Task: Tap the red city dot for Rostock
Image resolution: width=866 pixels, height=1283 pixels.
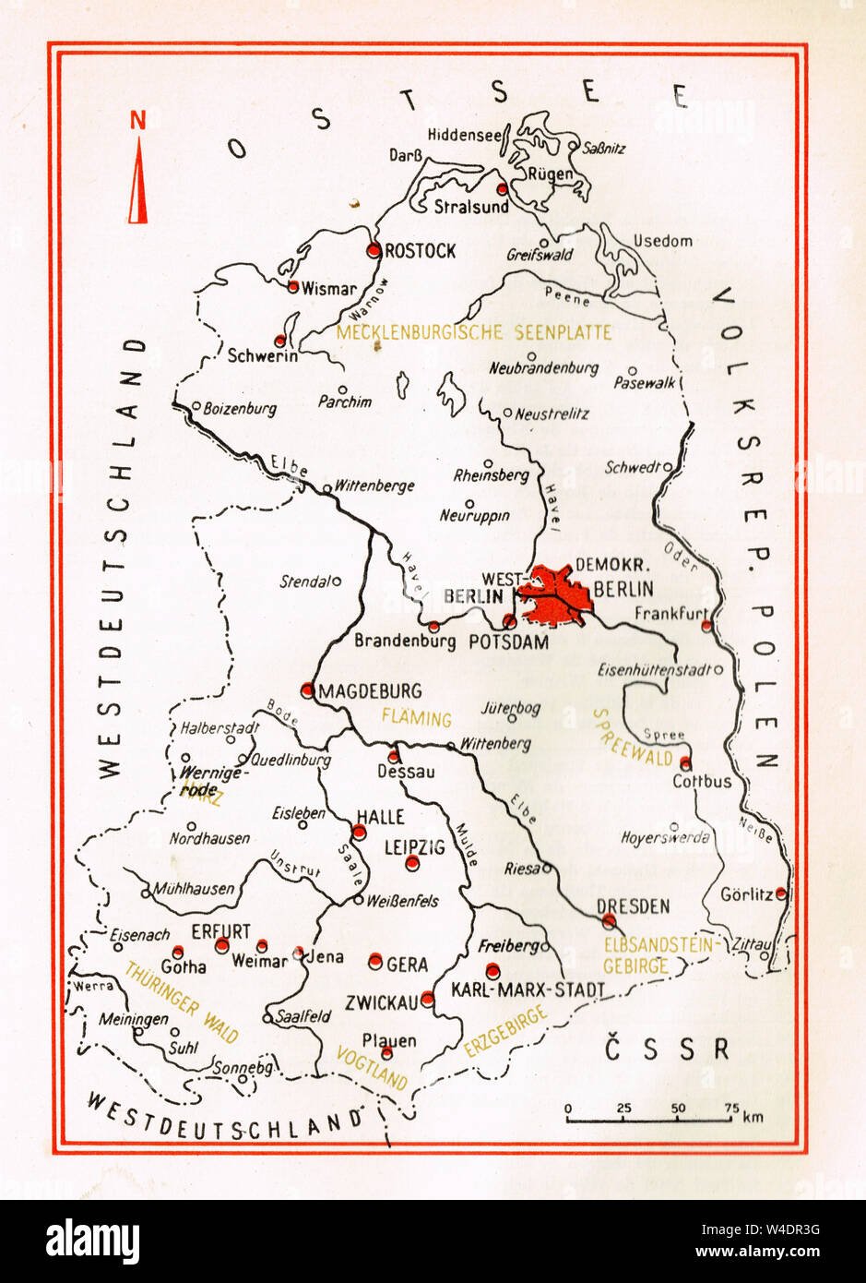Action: click(x=374, y=250)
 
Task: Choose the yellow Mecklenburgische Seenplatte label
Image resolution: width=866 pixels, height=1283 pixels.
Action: click(x=474, y=332)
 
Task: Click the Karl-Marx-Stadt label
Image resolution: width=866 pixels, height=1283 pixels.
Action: click(x=528, y=990)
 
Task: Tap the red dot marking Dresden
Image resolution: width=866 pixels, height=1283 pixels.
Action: click(x=609, y=920)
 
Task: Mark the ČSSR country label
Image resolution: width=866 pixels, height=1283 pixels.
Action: click(x=667, y=1049)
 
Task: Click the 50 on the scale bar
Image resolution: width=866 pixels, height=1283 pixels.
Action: click(x=678, y=1108)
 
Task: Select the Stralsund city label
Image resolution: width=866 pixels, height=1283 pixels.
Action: click(x=471, y=207)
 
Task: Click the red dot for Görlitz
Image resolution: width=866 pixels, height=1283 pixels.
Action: click(x=781, y=893)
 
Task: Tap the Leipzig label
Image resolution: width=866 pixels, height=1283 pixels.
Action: click(x=414, y=846)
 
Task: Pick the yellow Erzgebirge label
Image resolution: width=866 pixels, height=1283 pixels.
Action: click(x=505, y=1031)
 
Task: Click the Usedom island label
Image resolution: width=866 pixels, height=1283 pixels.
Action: click(x=662, y=241)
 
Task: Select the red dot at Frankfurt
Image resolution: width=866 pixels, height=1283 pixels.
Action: click(x=706, y=626)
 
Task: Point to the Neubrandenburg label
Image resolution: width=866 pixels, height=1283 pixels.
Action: click(x=544, y=367)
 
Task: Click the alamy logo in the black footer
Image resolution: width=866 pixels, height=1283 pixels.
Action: click(x=92, y=1241)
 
